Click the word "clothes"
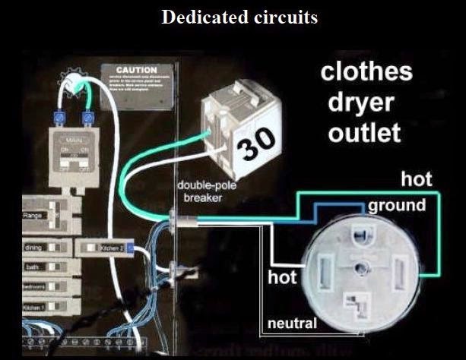366,73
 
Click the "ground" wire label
397,206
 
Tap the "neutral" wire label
291,324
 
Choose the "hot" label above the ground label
417,179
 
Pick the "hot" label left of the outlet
282,277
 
